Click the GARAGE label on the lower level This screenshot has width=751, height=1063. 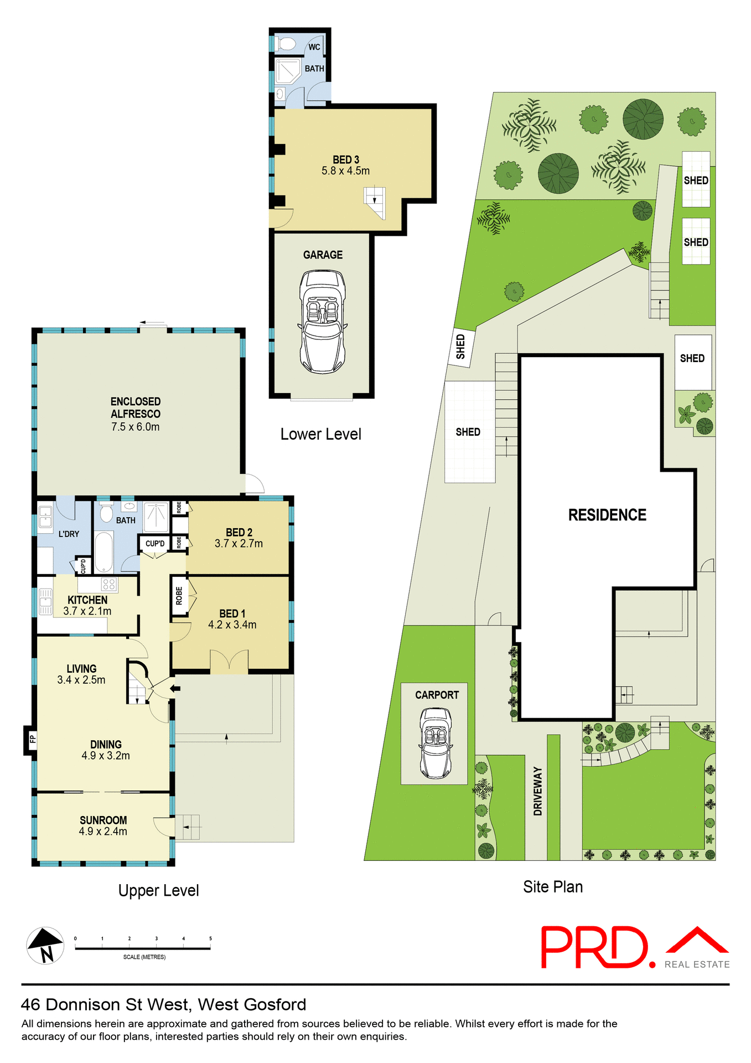tap(323, 255)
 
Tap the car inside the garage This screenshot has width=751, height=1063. tap(323, 321)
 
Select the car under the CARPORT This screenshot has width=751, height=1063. tap(436, 742)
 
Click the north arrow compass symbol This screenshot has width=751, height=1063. tap(45, 945)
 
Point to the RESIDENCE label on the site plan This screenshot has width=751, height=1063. tap(607, 515)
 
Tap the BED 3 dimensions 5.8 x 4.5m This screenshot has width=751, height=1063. tap(345, 171)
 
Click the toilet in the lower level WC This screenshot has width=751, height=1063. tap(286, 44)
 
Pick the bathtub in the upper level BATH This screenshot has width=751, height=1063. tap(104, 552)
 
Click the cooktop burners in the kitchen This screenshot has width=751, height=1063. tap(108, 584)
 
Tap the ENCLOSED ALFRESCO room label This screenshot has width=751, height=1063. tap(136, 407)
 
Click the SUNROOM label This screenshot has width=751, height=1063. tap(103, 820)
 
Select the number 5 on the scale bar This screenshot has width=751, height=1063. tap(210, 938)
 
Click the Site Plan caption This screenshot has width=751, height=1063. tap(552, 886)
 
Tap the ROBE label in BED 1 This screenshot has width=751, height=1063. tap(179, 596)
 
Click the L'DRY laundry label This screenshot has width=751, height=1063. tap(69, 534)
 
